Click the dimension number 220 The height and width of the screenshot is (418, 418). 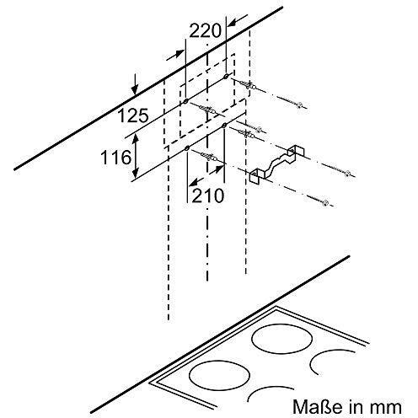click(206, 30)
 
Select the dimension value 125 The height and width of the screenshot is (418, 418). click(133, 115)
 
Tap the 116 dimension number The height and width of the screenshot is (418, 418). click(116, 158)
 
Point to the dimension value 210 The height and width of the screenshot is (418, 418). click(208, 196)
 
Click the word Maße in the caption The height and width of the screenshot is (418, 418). click(318, 406)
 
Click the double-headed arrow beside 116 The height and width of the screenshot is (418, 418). click(136, 155)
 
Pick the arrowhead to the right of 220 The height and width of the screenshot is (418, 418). click(236, 22)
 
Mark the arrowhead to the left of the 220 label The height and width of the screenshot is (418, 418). click(175, 55)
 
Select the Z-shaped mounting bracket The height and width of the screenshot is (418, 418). click(277, 164)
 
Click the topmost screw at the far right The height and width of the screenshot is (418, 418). click(300, 105)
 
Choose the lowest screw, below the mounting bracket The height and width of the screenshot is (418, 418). click(325, 202)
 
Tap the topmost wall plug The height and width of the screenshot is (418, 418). click(247, 85)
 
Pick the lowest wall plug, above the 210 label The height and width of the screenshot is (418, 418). click(209, 156)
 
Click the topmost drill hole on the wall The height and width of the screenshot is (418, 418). click(226, 76)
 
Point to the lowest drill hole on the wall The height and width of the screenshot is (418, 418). click(187, 148)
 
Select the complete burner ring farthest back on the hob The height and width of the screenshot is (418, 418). click(281, 337)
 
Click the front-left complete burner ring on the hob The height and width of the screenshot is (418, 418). click(219, 375)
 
